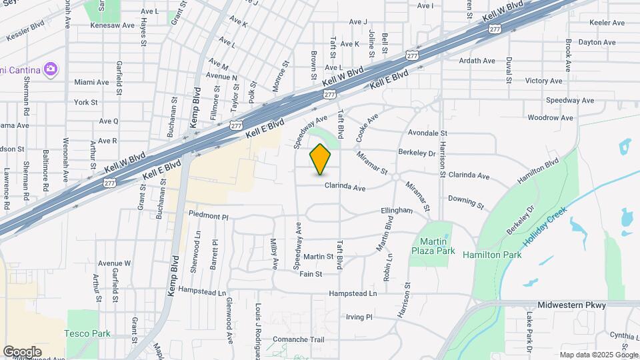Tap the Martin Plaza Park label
click(437, 246)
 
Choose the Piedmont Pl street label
click(208, 216)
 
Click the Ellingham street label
click(397, 211)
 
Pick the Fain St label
click(311, 274)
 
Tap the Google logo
click(22, 351)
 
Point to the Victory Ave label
click(544, 81)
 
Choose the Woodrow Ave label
click(550, 118)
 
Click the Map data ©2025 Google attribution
click(598, 355)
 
